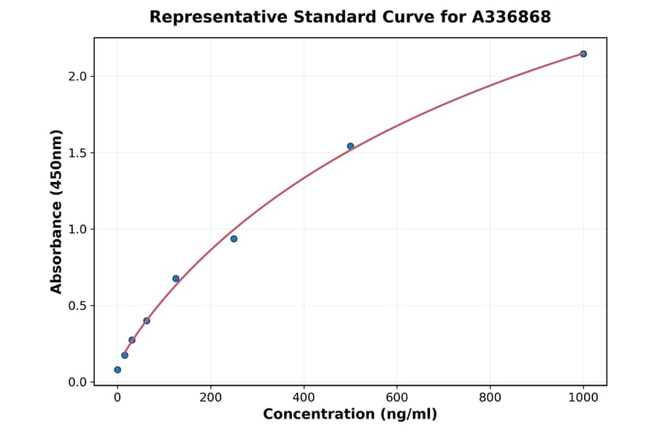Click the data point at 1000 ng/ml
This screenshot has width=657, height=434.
[x=583, y=54]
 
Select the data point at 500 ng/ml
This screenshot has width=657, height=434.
[x=350, y=146]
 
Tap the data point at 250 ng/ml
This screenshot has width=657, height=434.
[x=234, y=239]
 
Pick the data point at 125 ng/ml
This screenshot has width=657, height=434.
[x=176, y=278]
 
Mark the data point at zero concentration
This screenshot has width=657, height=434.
[x=118, y=370]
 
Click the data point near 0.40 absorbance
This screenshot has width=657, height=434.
[x=147, y=321]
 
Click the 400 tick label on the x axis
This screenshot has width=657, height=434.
[x=304, y=397]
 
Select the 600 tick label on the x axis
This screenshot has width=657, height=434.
[x=397, y=397]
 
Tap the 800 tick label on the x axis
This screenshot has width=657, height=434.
[x=490, y=397]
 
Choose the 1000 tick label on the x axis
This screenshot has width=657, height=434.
[x=583, y=397]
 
